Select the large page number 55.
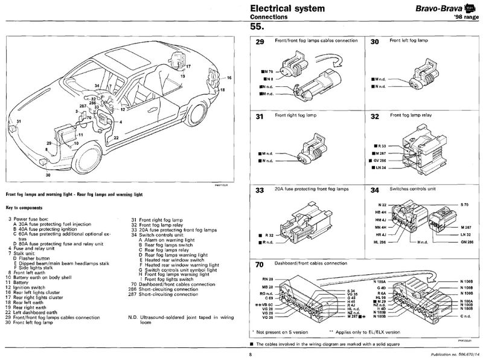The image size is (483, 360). click(257, 28)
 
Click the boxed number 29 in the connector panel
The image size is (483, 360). click(260, 43)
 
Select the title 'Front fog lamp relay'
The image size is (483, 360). click(412, 115)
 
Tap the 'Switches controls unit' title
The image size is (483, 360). click(416, 190)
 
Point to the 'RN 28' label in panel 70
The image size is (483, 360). click(267, 278)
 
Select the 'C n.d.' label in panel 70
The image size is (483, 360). click(466, 316)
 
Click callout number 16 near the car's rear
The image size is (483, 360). click(229, 79)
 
